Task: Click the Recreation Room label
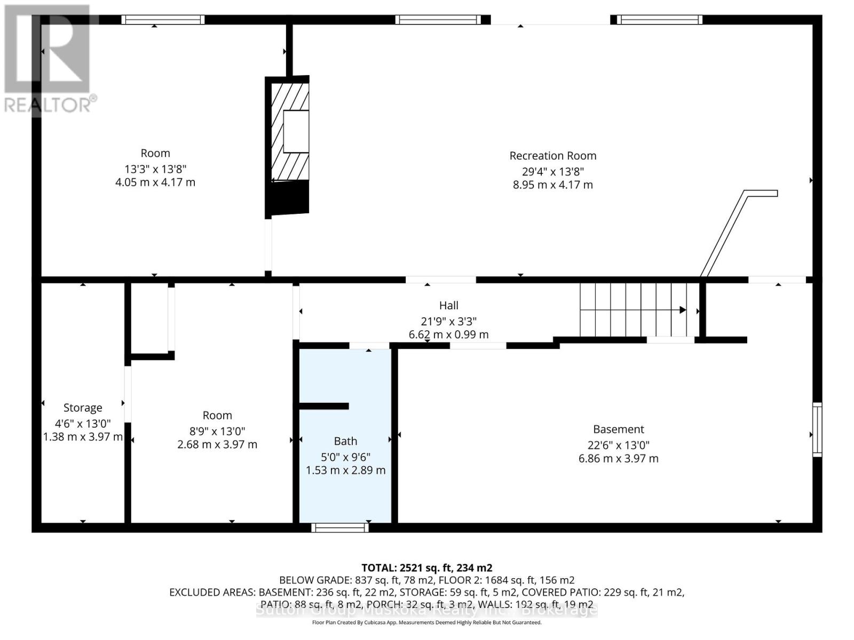(552, 156)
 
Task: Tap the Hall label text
(448, 306)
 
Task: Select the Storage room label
(83, 408)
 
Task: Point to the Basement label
(618, 429)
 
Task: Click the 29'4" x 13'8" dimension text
(552, 172)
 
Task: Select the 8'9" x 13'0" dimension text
(217, 431)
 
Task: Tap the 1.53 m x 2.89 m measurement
(345, 470)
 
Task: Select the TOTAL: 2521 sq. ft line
(426, 568)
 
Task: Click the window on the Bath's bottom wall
(340, 527)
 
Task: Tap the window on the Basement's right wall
(817, 429)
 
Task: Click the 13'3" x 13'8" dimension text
(155, 169)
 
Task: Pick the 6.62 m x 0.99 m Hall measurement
(448, 335)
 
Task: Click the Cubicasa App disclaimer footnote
(426, 622)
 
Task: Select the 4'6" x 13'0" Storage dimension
(83, 424)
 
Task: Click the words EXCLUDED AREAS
(212, 593)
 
